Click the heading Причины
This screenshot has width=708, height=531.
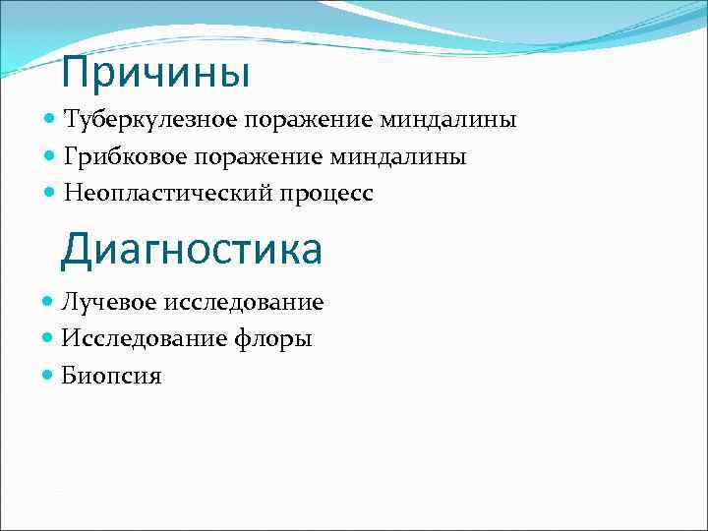click(x=155, y=72)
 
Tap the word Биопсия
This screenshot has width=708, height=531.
click(x=111, y=376)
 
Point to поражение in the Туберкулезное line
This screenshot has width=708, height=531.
click(x=308, y=120)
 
